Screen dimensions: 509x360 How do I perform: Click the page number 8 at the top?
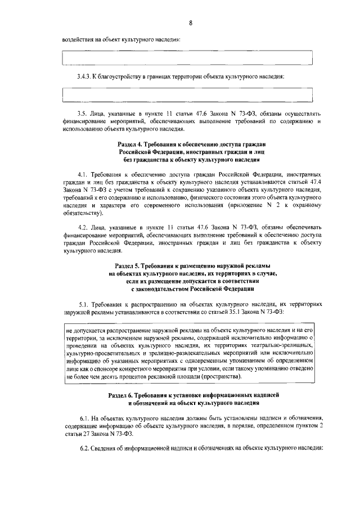[191, 22]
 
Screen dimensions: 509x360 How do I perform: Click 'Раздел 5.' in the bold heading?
[128, 265]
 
